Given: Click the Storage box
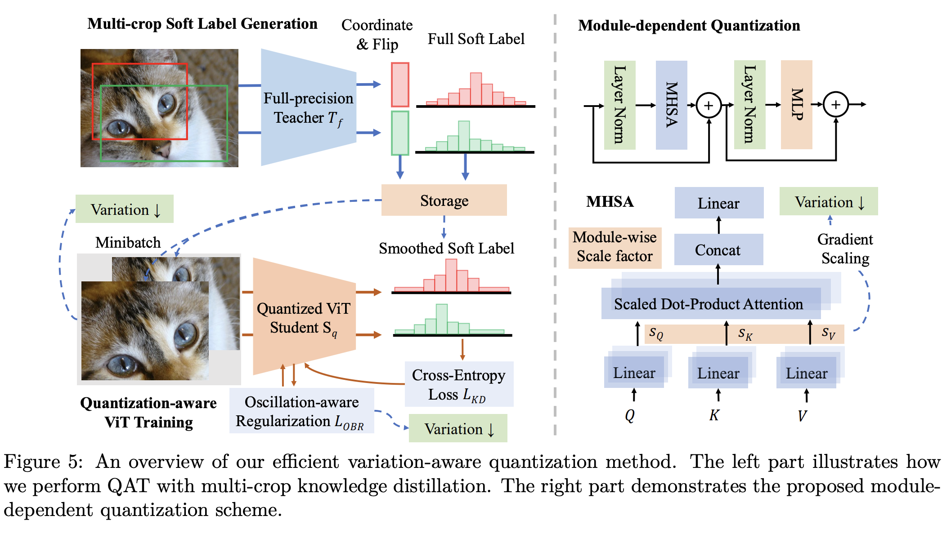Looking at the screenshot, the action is click(444, 200).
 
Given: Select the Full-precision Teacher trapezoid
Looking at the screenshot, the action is click(309, 107).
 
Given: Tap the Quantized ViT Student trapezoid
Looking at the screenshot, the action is click(304, 316).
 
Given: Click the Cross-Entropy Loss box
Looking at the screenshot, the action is click(459, 384).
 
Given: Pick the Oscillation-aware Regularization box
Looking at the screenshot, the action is click(301, 411).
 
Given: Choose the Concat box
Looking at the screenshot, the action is click(718, 249).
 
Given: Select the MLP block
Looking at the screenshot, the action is click(797, 104).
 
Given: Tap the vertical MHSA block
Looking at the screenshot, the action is click(672, 105).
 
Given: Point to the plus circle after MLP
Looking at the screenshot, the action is click(836, 105).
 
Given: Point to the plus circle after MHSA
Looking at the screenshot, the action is click(709, 106).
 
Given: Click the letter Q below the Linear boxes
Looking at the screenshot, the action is click(630, 415).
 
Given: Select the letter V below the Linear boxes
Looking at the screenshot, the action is click(802, 416).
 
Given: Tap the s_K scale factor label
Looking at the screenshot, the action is click(745, 334).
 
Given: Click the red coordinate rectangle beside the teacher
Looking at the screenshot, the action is click(400, 85).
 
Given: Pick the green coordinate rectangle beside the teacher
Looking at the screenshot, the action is click(400, 133).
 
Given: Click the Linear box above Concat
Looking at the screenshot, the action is click(719, 203).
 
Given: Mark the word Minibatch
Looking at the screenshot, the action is click(128, 242).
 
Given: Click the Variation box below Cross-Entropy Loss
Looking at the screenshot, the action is click(458, 428).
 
